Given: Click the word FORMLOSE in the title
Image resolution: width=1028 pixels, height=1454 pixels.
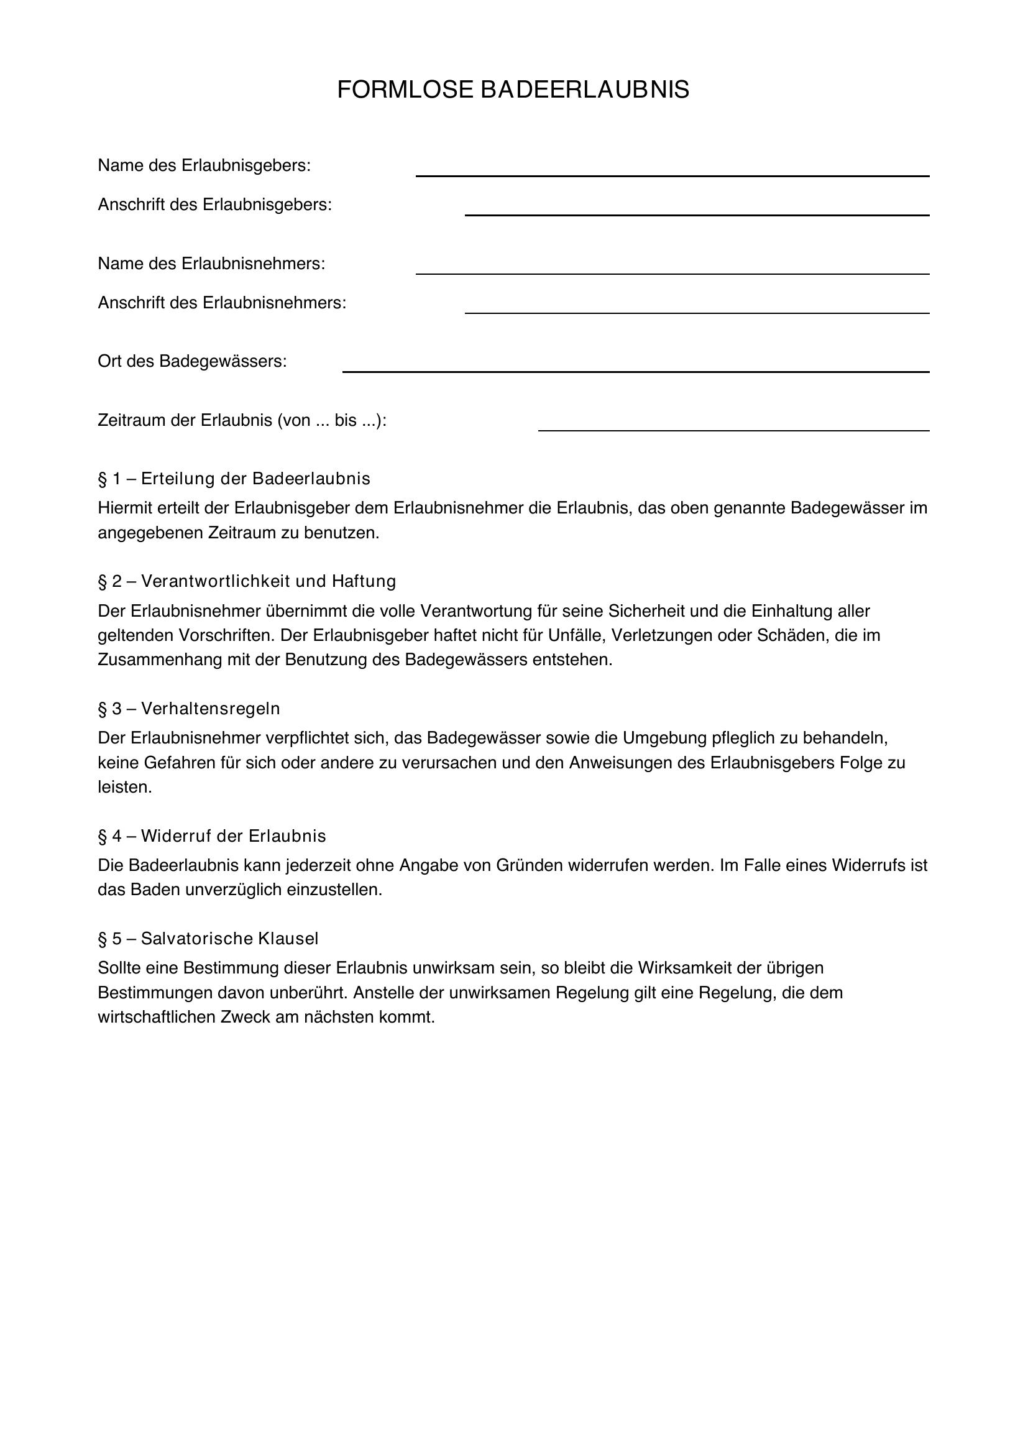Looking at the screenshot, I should [405, 90].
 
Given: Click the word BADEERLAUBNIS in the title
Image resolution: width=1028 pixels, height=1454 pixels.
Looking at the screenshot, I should [585, 90].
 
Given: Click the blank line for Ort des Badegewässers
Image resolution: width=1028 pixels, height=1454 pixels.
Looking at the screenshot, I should [636, 367].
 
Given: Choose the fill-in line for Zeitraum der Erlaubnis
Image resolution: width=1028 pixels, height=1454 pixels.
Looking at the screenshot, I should [733, 426].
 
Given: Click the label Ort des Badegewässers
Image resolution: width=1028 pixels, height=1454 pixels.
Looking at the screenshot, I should [192, 362].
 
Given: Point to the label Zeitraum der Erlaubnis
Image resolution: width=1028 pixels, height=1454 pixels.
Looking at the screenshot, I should [242, 420].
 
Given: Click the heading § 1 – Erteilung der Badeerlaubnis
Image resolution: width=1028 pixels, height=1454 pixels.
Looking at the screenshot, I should [234, 479].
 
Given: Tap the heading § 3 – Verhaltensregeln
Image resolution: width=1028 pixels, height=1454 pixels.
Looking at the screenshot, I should [189, 709].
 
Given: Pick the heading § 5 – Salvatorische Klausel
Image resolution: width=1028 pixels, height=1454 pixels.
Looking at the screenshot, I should [208, 939].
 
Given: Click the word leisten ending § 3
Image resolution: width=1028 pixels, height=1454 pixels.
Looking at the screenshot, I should [125, 787].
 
